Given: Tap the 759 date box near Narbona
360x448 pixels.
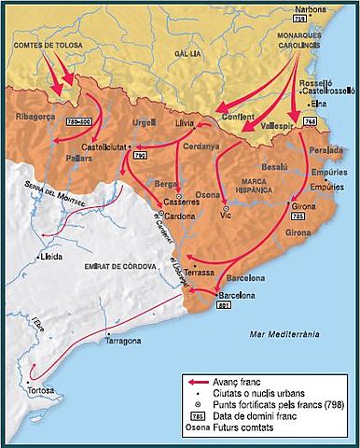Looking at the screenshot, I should click(300, 19).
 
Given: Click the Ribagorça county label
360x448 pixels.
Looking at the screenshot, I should click(35, 117).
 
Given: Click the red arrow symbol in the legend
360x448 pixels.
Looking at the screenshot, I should click(194, 383).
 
